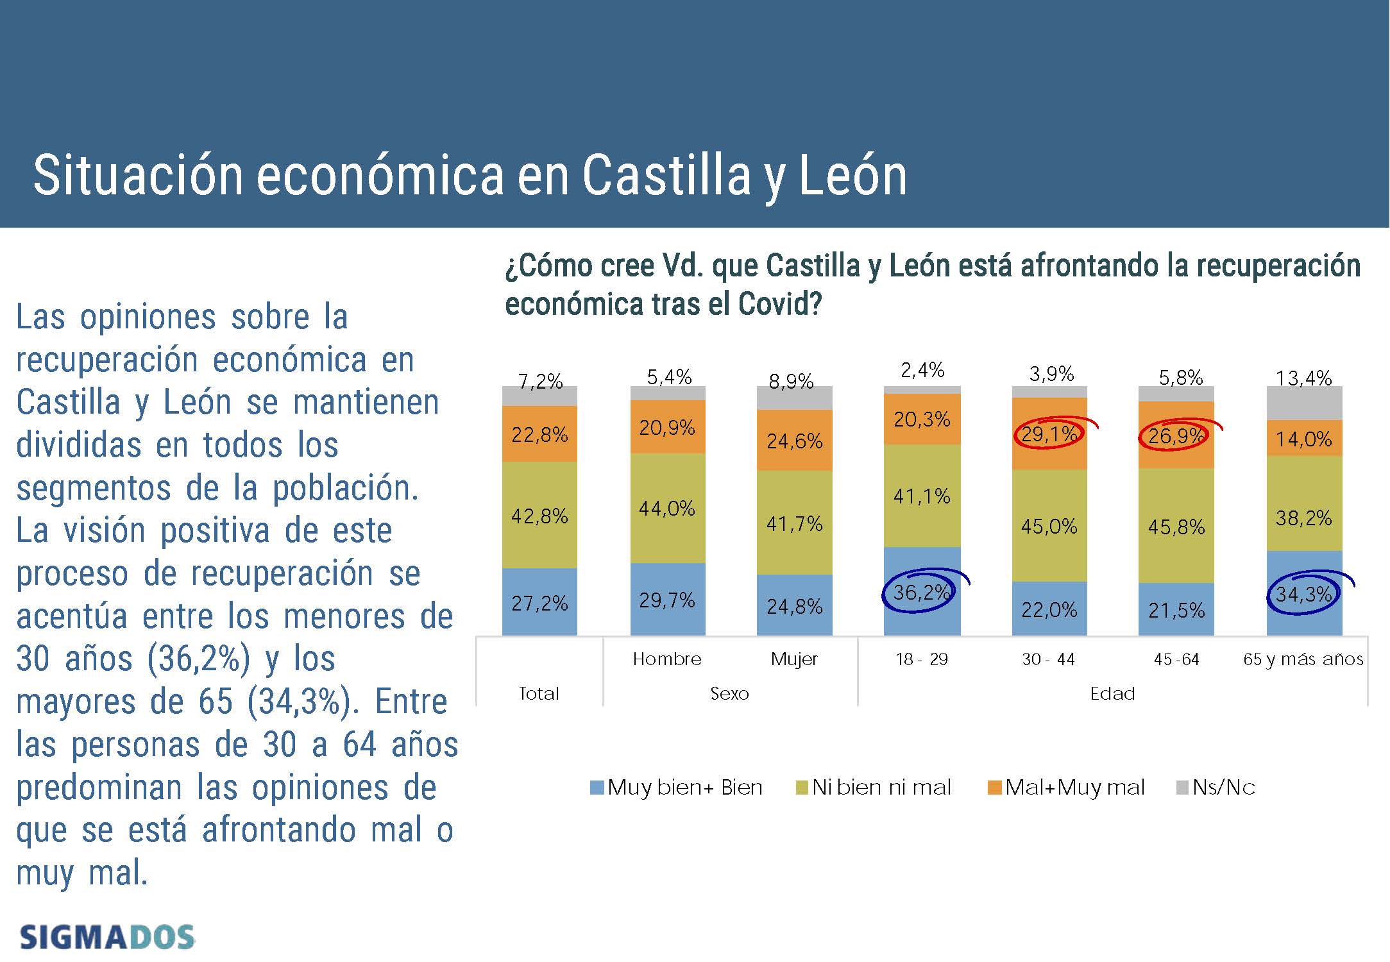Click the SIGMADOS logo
point(107,937)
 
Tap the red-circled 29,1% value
point(1049,435)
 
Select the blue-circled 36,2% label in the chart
point(920,592)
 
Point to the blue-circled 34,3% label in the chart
point(1303,595)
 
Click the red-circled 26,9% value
point(1175,437)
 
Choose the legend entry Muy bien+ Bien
point(677,788)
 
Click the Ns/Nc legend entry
point(1216,788)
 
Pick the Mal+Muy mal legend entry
point(1067,788)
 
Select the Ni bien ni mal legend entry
point(874,788)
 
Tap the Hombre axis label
point(667,659)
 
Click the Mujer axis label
point(794,659)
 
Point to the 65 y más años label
point(1303,659)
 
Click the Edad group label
point(1112,694)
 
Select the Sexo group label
point(729,694)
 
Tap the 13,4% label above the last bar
point(1303,378)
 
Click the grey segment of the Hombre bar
point(668,393)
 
